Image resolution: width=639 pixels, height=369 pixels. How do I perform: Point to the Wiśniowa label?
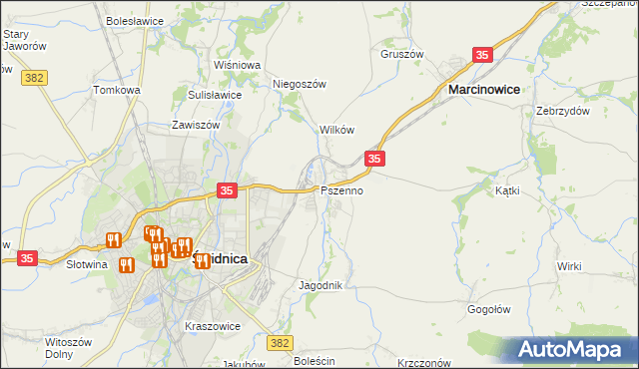tap(237, 65)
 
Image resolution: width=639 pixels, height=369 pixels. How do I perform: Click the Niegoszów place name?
tap(300, 85)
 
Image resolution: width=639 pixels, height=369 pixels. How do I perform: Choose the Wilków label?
tap(335, 131)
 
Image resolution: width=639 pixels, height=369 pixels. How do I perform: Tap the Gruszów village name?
tap(402, 54)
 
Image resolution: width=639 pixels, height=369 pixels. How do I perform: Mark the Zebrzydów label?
tap(559, 111)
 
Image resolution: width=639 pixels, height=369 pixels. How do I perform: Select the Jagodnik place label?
tap(320, 285)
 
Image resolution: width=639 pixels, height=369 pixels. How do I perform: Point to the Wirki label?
tap(569, 266)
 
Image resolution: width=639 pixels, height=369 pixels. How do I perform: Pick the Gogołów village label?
tap(490, 309)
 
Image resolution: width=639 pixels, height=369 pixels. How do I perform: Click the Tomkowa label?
tap(117, 90)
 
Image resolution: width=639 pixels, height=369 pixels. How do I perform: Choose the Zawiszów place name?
tap(195, 127)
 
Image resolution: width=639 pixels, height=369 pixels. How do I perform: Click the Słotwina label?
tap(86, 265)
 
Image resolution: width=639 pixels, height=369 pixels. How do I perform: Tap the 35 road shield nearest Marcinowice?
tap(483, 57)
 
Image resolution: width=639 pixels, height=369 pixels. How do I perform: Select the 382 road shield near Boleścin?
tap(281, 342)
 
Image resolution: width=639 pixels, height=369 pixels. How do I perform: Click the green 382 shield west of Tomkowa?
tap(34, 76)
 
